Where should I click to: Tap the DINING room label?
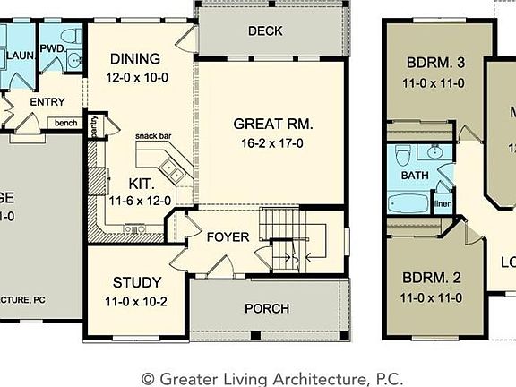(x=135, y=59)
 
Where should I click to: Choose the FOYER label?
(x=227, y=238)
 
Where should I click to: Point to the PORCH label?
(x=268, y=309)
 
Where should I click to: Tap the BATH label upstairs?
(x=415, y=176)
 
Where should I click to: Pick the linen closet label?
(x=443, y=203)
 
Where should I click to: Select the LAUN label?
(x=20, y=56)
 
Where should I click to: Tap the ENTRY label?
(x=47, y=102)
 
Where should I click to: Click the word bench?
(x=65, y=123)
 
